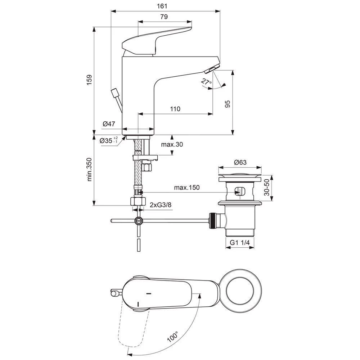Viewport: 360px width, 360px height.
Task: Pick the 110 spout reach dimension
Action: coord(175,109)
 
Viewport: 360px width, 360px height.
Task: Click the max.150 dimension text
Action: coord(187,188)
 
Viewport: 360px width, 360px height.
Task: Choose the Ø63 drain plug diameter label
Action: coord(240,162)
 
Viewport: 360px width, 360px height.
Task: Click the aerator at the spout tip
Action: coord(213,68)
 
